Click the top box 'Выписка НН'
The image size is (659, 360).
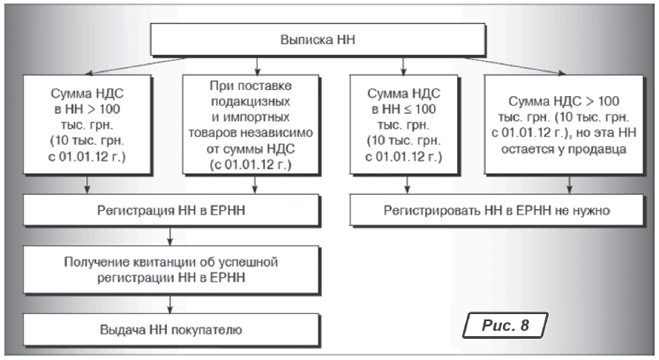click(x=318, y=40)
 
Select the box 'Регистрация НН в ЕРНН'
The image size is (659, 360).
click(x=171, y=210)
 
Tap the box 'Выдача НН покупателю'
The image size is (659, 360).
click(x=171, y=329)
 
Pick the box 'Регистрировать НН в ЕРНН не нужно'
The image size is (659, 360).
click(x=497, y=210)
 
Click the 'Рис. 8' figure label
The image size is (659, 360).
click(x=505, y=325)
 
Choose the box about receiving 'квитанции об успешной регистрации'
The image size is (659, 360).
click(x=171, y=270)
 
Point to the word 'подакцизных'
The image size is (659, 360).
click(x=251, y=101)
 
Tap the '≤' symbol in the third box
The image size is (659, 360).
click(x=408, y=109)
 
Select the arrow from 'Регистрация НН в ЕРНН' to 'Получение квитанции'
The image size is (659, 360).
click(x=169, y=236)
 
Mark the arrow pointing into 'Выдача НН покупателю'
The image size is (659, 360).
click(x=169, y=304)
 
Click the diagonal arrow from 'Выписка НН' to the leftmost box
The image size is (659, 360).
click(x=134, y=66)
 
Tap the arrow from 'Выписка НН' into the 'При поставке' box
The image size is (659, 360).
click(x=258, y=66)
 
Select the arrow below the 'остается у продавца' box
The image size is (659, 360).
click(x=570, y=184)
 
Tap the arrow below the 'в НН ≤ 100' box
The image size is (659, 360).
click(x=407, y=184)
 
